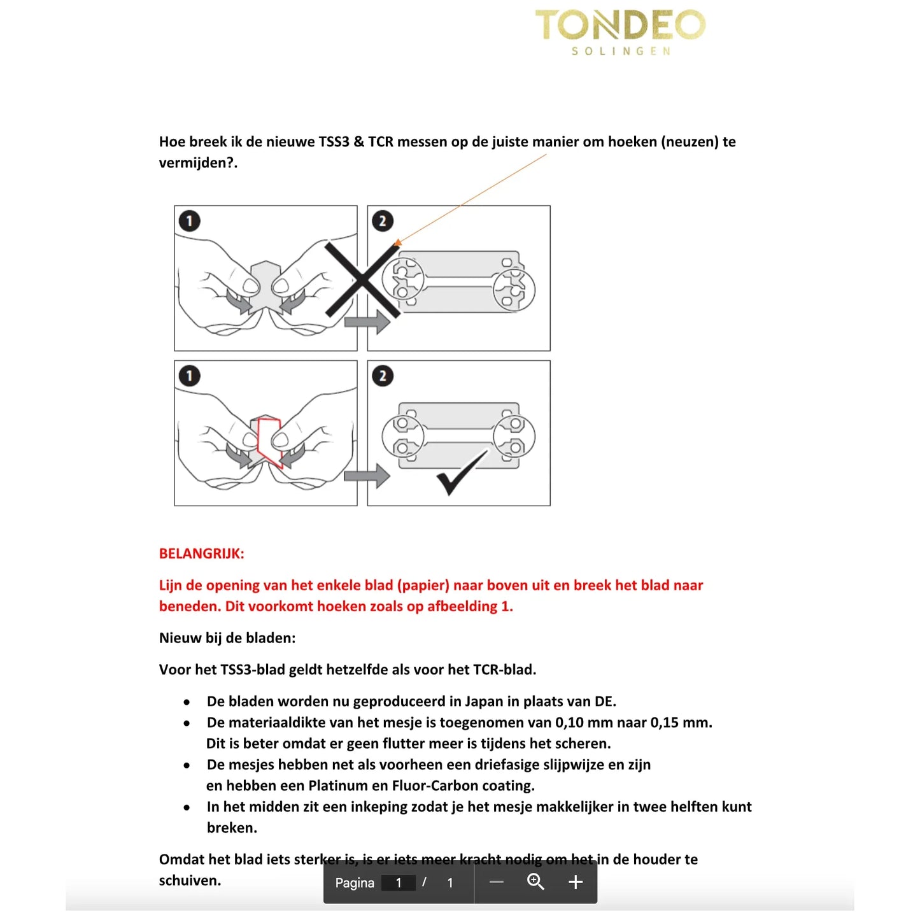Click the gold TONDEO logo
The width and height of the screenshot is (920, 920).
(620, 25)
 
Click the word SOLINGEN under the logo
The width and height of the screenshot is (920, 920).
(621, 51)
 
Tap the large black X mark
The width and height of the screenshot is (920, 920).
(362, 280)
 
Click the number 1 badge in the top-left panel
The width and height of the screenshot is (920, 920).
(189, 221)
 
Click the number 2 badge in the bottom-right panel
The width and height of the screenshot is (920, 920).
(382, 376)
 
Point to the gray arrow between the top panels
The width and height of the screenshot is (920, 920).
(367, 322)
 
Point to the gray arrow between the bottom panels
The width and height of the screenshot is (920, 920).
(367, 476)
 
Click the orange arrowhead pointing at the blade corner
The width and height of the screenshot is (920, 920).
(398, 243)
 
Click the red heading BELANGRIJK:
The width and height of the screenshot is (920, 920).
(201, 553)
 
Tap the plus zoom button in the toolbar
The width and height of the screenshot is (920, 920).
(575, 882)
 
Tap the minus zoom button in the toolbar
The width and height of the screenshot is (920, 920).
(497, 882)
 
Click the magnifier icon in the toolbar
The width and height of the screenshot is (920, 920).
(535, 882)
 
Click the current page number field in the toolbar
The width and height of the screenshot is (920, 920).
(399, 882)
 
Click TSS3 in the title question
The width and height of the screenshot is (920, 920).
(334, 141)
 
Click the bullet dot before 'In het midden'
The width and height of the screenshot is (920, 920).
(187, 807)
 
